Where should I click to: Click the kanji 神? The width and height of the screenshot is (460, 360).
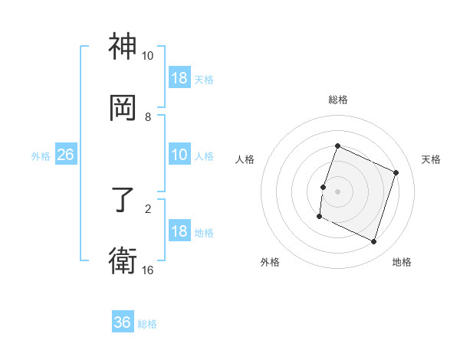pyautogui.click(x=123, y=47)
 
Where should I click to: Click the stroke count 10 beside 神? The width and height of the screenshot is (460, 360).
pyautogui.click(x=147, y=56)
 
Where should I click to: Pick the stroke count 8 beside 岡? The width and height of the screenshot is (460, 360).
pyautogui.click(x=147, y=116)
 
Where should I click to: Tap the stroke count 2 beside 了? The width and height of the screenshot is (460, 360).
pyautogui.click(x=147, y=208)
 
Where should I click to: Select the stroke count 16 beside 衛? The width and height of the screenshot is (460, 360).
pyautogui.click(x=147, y=270)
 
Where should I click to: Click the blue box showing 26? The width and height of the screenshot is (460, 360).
pyautogui.click(x=65, y=155)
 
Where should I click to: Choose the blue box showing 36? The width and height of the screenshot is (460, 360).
pyautogui.click(x=123, y=322)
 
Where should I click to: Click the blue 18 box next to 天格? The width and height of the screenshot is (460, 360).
pyautogui.click(x=179, y=78)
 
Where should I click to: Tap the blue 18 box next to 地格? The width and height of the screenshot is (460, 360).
pyautogui.click(x=179, y=231)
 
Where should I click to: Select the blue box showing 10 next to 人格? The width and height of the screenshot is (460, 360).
pyautogui.click(x=179, y=155)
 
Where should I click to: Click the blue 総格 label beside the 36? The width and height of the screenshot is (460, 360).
pyautogui.click(x=147, y=324)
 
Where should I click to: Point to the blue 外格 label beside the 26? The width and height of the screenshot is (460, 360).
pyautogui.click(x=41, y=156)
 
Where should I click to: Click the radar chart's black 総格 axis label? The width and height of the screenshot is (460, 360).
pyautogui.click(x=337, y=100)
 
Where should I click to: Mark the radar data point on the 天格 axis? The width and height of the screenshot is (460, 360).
pyautogui.click(x=396, y=172)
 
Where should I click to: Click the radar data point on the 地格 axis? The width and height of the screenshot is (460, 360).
pyautogui.click(x=373, y=241)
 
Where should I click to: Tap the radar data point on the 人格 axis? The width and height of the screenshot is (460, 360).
pyautogui.click(x=323, y=187)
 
